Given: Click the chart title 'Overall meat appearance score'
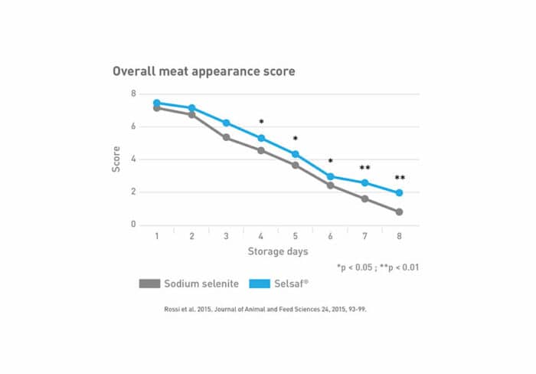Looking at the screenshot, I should pos(204,71).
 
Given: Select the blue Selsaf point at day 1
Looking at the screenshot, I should pos(157,103).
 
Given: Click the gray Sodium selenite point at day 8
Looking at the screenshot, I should pos(400,212).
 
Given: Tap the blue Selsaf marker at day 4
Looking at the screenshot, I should pos(261,138).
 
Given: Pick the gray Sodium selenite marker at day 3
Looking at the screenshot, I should pos(226,137).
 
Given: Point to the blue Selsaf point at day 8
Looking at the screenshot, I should pos(400,193).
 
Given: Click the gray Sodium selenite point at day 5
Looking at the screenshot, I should pos(296,165).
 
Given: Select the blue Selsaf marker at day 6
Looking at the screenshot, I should pos(331,176).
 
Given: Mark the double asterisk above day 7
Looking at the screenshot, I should pos(365,168).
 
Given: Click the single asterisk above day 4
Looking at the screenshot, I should pos(261,122).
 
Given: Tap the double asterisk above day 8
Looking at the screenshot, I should pos(400,178).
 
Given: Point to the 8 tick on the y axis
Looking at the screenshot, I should pos(133,93).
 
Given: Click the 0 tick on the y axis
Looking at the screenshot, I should pos(133,225).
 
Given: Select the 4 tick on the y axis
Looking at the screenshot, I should pos(133,159).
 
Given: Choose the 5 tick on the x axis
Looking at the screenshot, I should pos(296,237).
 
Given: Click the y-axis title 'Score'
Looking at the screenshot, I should pos(116,159).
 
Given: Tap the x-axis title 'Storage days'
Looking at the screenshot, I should pos(279,251).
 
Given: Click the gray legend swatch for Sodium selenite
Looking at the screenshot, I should pos(149,284).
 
